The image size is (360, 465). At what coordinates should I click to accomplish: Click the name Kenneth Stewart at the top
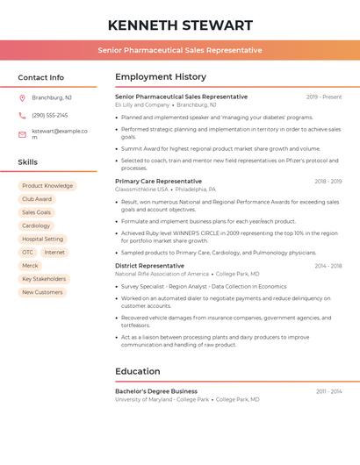click(180, 25)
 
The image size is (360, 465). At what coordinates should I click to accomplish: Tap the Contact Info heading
click(41, 77)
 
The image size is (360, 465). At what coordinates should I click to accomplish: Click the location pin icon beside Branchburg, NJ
click(22, 97)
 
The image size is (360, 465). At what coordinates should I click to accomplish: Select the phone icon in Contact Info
click(22, 115)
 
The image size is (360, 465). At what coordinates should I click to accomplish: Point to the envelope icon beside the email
click(22, 134)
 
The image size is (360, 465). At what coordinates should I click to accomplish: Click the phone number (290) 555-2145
click(49, 115)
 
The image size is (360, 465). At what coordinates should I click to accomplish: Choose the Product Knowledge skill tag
click(47, 186)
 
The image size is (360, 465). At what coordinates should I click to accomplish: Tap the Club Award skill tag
click(37, 199)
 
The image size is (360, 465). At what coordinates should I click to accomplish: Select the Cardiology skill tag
click(37, 225)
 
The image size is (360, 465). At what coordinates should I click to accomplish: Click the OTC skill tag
click(28, 252)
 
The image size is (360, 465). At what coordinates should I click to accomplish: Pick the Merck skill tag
click(31, 265)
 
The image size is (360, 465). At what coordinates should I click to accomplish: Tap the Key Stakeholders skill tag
click(45, 279)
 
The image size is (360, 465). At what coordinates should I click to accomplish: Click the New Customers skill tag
click(42, 292)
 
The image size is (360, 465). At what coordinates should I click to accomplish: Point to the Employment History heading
click(161, 77)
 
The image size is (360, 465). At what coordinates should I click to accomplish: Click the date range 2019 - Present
click(324, 97)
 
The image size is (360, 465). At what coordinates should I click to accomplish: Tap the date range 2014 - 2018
click(328, 266)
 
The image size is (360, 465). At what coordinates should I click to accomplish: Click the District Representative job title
click(149, 265)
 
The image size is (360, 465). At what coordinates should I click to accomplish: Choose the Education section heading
click(138, 371)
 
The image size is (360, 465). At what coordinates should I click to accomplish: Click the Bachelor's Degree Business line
click(156, 391)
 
